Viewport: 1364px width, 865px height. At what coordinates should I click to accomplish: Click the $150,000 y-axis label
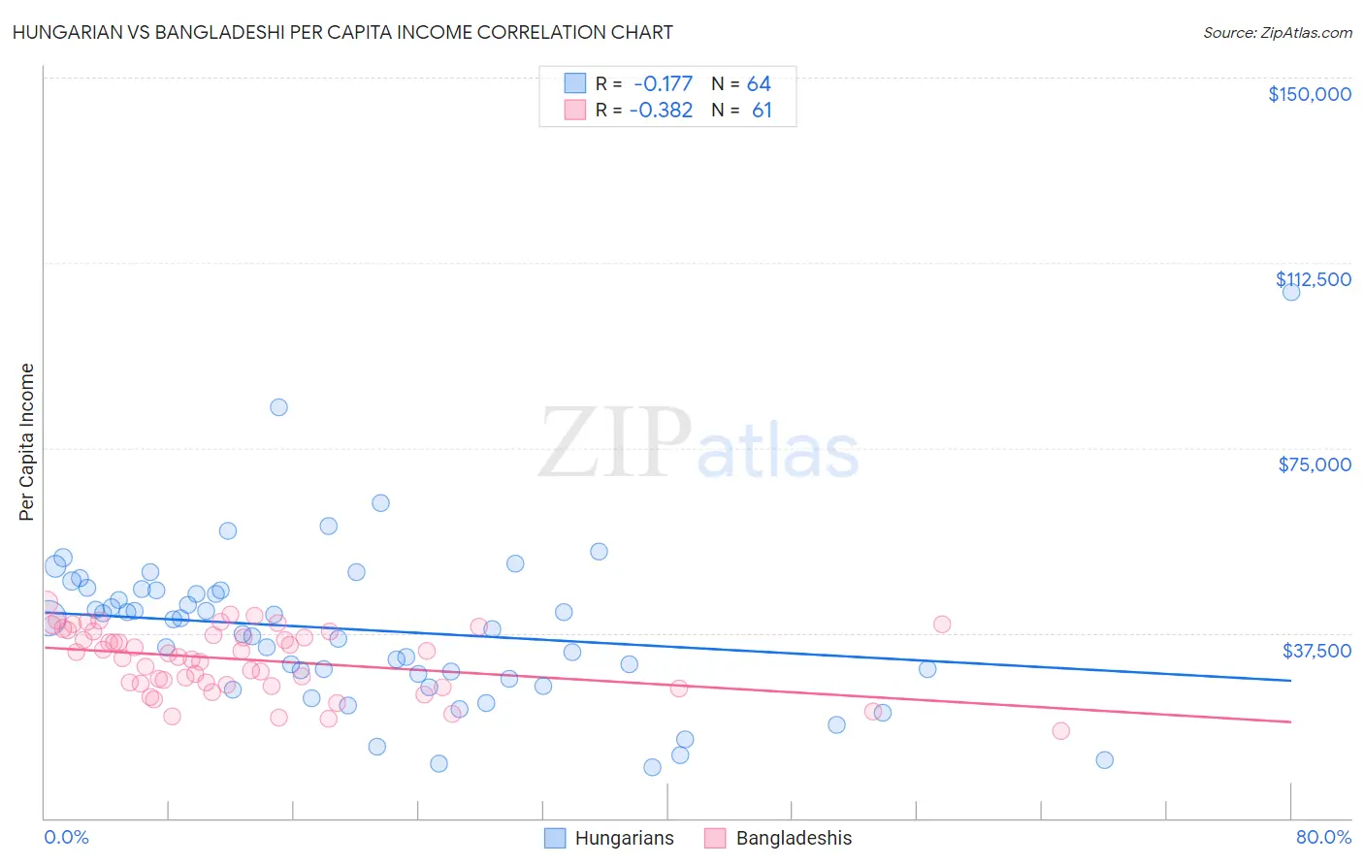(x=1309, y=94)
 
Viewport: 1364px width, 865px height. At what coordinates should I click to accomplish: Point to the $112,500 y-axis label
(x=1313, y=279)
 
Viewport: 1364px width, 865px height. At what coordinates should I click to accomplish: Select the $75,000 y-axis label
(x=1314, y=465)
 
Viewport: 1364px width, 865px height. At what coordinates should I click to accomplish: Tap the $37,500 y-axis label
(x=1315, y=651)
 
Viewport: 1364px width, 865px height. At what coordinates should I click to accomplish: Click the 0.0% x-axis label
(x=66, y=837)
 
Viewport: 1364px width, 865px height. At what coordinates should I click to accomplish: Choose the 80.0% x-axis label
(x=1323, y=837)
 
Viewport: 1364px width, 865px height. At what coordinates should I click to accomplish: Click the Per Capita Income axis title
(x=27, y=441)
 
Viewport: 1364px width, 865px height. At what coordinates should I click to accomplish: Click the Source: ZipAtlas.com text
(x=1277, y=32)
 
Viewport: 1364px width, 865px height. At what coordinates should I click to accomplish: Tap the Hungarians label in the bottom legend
(x=624, y=838)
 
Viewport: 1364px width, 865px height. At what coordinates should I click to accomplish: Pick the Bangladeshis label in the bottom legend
(x=794, y=838)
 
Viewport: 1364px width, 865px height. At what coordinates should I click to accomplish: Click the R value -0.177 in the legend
(x=663, y=84)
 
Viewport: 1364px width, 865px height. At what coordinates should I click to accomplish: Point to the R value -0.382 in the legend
(x=661, y=111)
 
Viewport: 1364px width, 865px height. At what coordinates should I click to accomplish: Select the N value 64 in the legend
(x=759, y=84)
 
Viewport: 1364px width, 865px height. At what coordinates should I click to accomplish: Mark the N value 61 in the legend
(x=762, y=111)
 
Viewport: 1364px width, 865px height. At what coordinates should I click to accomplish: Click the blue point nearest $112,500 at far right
(x=1290, y=291)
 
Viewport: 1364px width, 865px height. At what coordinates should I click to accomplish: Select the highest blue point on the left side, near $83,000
(x=278, y=407)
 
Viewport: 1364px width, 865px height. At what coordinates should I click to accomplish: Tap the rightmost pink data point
(x=1060, y=730)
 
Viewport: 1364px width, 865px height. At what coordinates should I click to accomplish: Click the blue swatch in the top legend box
(x=575, y=83)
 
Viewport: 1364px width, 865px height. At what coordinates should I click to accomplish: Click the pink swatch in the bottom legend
(x=715, y=838)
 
